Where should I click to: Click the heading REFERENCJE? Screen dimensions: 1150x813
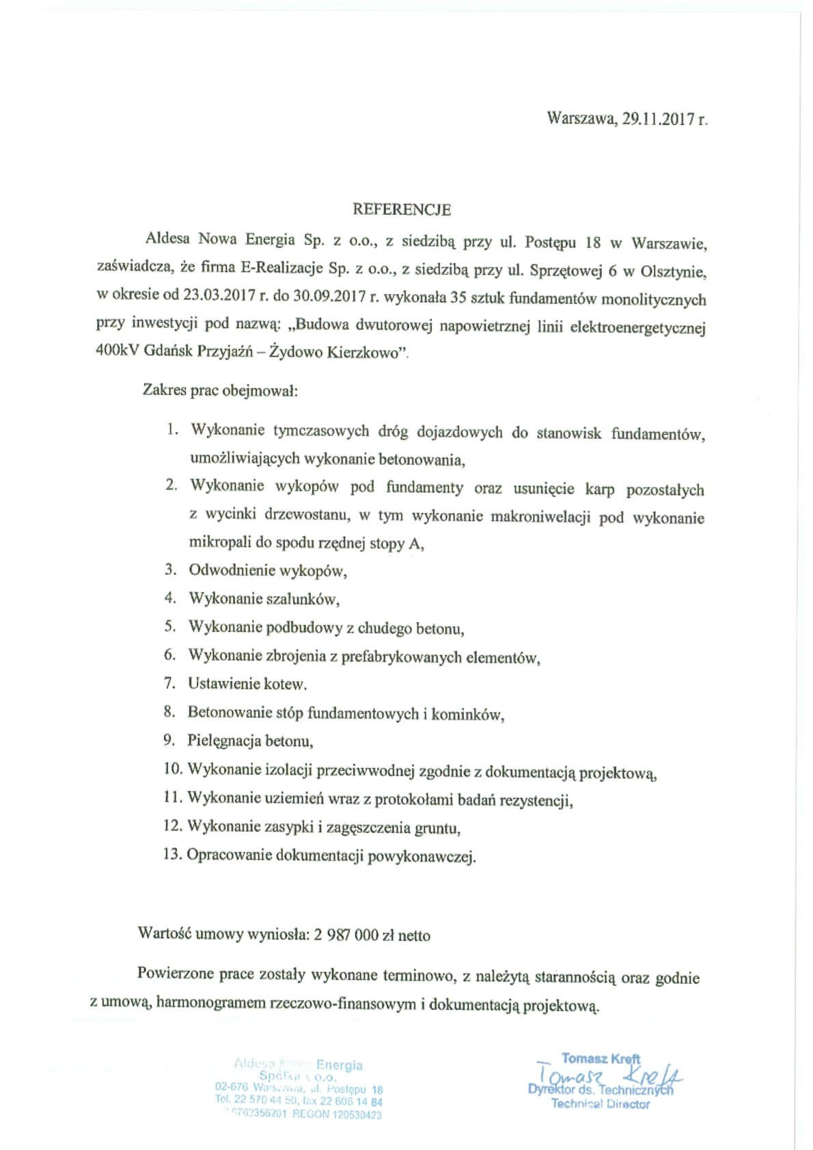(402, 210)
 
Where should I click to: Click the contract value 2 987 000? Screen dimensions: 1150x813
(346, 935)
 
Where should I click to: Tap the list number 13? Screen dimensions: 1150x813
(172, 855)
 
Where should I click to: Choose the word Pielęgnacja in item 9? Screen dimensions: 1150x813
(222, 741)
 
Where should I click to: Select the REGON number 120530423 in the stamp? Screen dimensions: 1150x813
(355, 1114)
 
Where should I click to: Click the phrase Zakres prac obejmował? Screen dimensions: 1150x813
(219, 391)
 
